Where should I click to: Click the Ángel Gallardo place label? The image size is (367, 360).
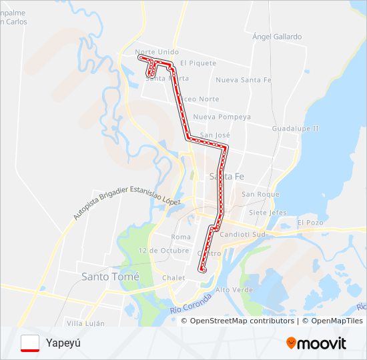pos(277,37)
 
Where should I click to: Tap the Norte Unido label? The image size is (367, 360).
pos(156,51)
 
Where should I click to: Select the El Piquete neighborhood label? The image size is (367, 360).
pos(198,63)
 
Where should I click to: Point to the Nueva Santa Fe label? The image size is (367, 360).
pos(244,80)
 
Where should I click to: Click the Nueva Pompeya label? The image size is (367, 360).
pos(222,117)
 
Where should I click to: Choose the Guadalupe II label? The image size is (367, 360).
pos(296,128)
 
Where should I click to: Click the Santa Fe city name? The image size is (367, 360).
pos(224,177)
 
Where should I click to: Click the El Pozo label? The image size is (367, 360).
pos(310,222)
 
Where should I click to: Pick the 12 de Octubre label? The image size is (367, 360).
pos(164,250)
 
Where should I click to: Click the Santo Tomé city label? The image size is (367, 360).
pos(110,276)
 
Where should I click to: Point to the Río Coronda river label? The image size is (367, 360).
pos(191,302)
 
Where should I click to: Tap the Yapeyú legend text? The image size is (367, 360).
pos(63,343)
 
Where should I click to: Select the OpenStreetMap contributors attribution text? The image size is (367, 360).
pos(242,321)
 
